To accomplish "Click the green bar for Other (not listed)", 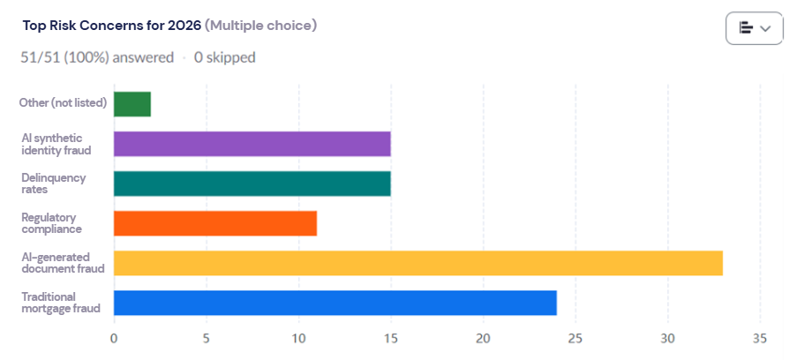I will (132, 104).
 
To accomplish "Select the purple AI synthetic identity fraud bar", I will (252, 144).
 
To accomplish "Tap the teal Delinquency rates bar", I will (252, 184).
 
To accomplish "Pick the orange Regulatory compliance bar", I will (214, 223).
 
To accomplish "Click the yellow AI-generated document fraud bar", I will (418, 263).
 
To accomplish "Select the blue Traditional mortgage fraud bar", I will (335, 303).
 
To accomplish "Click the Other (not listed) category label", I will (64, 103).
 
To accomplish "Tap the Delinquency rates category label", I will (54, 184).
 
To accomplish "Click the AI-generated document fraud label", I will (63, 263).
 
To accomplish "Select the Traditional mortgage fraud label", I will (61, 303).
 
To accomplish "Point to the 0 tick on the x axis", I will (114, 338).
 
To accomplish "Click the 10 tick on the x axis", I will (298, 338).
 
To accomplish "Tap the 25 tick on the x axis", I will (575, 338).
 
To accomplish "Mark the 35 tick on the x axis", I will (759, 338).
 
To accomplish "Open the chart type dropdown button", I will (755, 28).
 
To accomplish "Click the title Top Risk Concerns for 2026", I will (111, 26).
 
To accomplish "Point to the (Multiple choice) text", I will (260, 26).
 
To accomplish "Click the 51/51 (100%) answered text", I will (97, 57).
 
